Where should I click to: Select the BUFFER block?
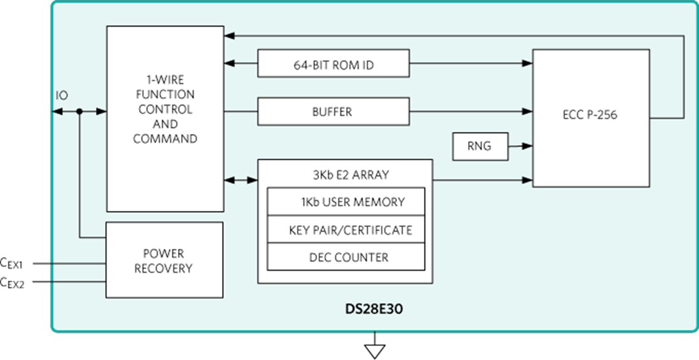333,111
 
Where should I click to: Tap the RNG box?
478,146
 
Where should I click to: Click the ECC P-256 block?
590,118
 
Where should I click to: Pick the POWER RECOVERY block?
164,260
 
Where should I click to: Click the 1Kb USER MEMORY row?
346,202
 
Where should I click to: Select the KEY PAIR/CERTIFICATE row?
346,230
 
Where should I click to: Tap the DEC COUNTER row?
346,257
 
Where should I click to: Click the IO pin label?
61,96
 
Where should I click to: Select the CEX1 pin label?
12,263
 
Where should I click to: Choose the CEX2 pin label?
12,282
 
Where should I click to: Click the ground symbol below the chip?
375,350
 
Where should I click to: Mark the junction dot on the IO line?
79,111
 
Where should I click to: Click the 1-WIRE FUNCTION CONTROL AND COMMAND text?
164,109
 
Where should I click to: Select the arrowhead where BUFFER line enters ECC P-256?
527,111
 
